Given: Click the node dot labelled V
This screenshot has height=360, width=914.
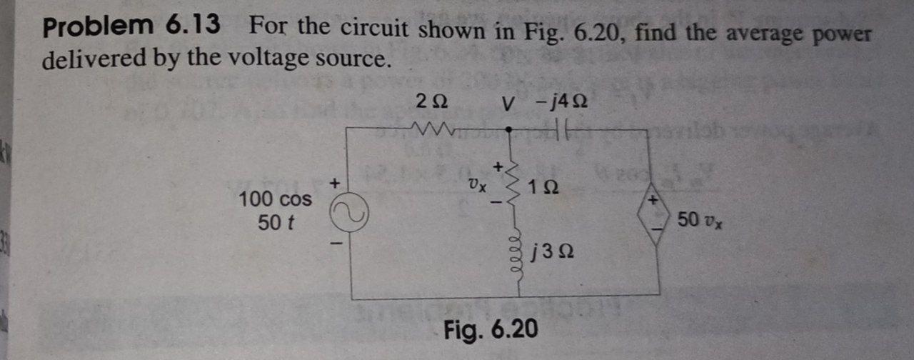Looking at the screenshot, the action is tap(508, 130).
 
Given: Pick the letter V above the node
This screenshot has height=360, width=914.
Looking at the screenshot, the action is tap(507, 104).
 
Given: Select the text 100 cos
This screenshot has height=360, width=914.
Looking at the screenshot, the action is tap(276, 199).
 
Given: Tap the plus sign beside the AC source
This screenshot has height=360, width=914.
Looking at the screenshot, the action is tap(333, 184).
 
